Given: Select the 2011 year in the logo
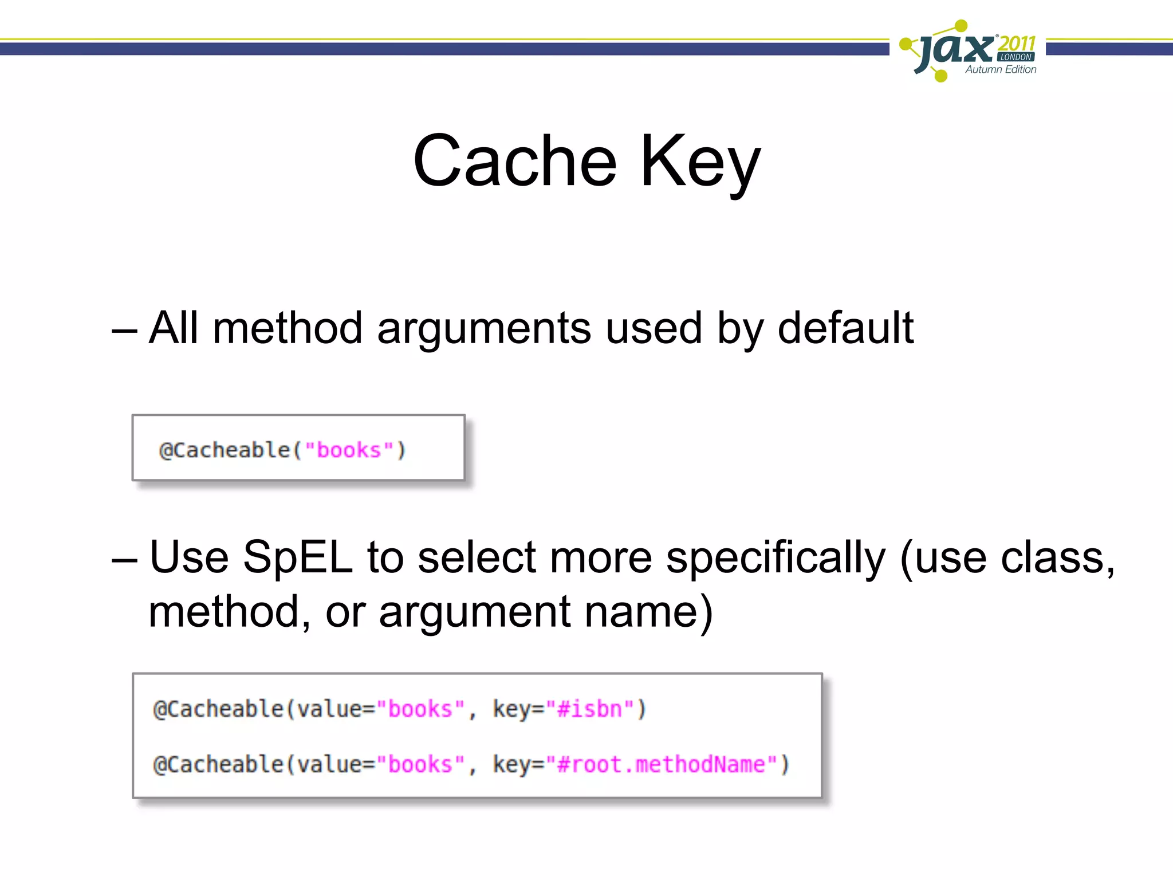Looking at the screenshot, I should coord(1017,42).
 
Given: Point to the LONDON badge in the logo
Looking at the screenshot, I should coord(1016,57).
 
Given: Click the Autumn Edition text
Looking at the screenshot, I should coord(1001,69).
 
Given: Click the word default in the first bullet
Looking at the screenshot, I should coord(845,328).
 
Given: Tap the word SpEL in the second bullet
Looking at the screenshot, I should coord(297,557).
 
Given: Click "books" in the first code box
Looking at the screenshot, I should coord(349,450).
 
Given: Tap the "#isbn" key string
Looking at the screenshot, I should coord(589,709).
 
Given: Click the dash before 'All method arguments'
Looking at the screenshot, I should coord(124,331).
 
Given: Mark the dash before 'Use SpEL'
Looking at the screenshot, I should coord(124,560).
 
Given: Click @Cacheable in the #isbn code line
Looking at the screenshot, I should coord(218,709).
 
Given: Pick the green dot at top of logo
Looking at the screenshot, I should coord(962,25).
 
